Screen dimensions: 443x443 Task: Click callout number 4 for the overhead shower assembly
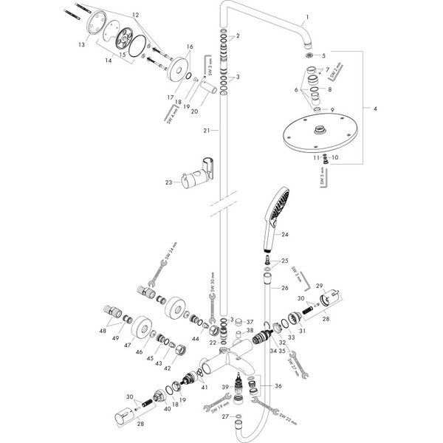click(376, 110)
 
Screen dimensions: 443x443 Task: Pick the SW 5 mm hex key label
click(323, 180)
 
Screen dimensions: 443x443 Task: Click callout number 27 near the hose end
click(226, 417)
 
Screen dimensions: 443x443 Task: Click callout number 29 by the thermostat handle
click(320, 285)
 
